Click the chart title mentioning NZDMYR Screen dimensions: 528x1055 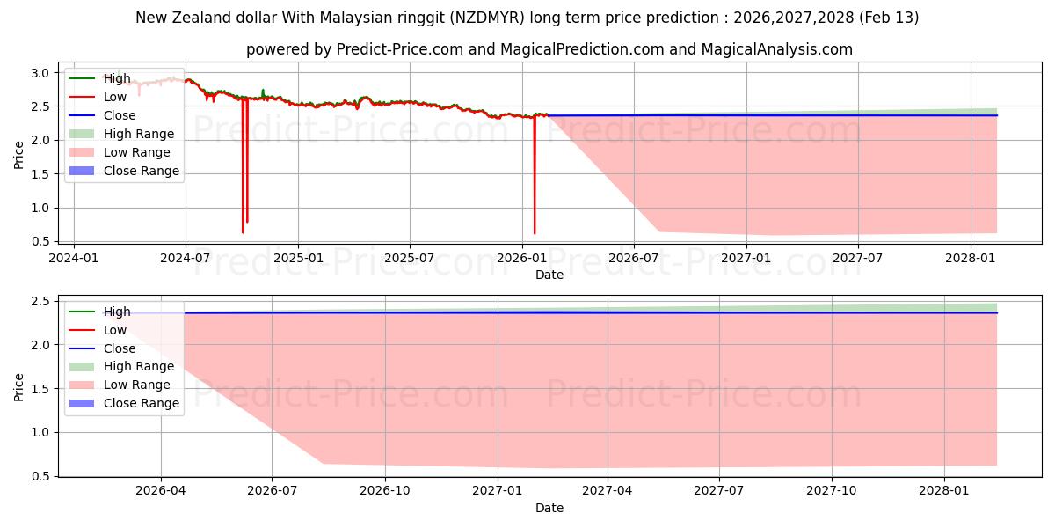tap(527, 18)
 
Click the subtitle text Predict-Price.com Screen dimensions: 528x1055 tap(399, 49)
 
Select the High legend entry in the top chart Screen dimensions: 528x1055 tap(116, 78)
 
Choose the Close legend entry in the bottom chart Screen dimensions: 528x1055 tap(120, 348)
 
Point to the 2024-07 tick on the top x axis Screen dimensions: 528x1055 tap(186, 258)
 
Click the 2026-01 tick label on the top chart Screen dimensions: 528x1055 tap(522, 258)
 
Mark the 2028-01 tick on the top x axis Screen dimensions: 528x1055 tap(971, 258)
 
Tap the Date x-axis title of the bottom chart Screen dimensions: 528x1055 tap(549, 508)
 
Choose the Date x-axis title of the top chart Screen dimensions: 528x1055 tap(549, 275)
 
